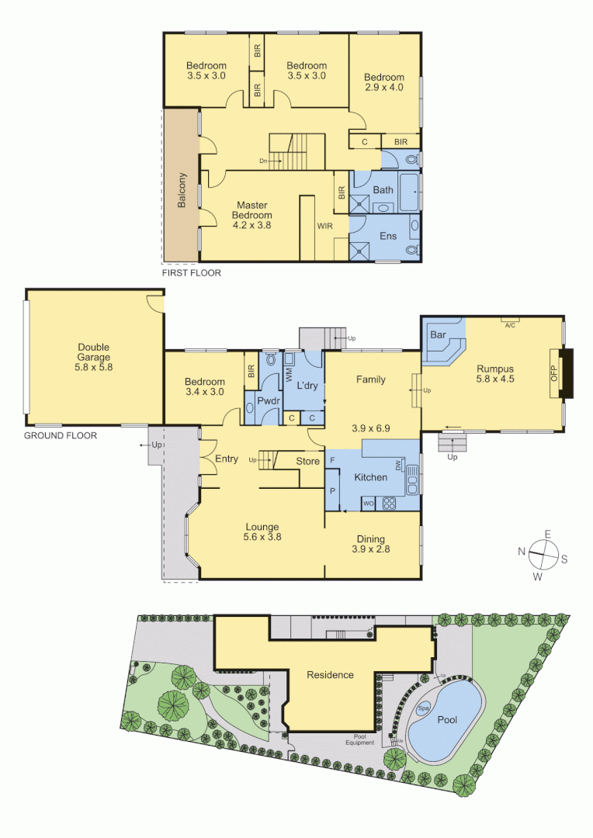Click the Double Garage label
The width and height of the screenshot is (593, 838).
[94, 348]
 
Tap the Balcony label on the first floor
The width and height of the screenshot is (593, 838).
[181, 189]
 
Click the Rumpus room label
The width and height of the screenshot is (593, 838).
[496, 369]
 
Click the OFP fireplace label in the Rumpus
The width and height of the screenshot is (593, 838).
[554, 373]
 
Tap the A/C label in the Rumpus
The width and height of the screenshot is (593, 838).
[510, 326]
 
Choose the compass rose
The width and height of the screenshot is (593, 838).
[547, 552]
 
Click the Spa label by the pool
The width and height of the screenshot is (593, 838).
[424, 708]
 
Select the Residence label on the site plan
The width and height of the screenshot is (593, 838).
[330, 674]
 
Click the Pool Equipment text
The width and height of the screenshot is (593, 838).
[360, 740]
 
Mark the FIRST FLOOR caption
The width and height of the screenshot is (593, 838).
[191, 272]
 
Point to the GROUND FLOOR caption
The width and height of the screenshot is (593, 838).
[61, 435]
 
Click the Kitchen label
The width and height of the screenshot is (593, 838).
[370, 477]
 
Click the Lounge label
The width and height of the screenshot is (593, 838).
[262, 527]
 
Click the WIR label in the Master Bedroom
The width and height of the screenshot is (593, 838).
[324, 226]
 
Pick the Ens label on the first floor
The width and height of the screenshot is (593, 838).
[386, 233]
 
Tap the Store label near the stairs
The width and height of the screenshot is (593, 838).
[308, 462]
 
